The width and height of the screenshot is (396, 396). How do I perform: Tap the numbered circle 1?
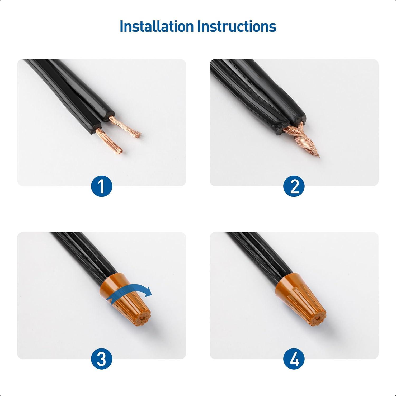(x=102, y=187)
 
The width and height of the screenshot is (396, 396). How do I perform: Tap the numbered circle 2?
(x=294, y=187)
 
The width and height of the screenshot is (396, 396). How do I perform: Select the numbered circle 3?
(x=102, y=360)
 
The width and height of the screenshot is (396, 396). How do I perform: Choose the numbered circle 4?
(x=294, y=360)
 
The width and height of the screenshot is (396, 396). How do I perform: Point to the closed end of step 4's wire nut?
(x=319, y=318)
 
